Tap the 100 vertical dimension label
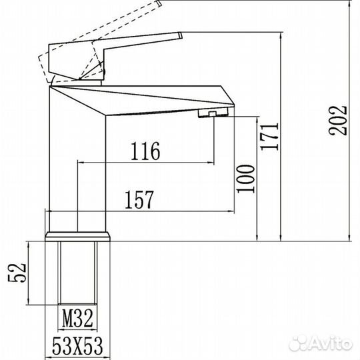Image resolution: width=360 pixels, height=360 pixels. click(247, 177)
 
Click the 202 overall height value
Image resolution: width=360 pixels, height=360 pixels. click(338, 121)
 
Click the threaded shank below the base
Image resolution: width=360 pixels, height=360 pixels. click(79, 273)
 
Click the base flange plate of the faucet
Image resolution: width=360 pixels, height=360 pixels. click(79, 236)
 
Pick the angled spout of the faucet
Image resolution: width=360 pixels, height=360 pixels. click(160, 100)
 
